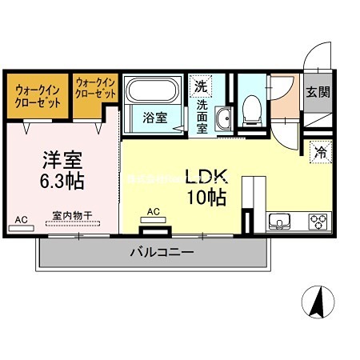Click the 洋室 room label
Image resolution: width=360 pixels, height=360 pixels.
(59, 158)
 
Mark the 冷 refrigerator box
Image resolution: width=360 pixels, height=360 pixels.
(318, 149)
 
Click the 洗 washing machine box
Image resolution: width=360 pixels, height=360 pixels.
(199, 85)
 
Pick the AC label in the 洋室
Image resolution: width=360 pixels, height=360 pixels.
(21, 218)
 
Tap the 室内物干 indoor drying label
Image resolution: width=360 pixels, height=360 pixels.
(73, 214)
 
